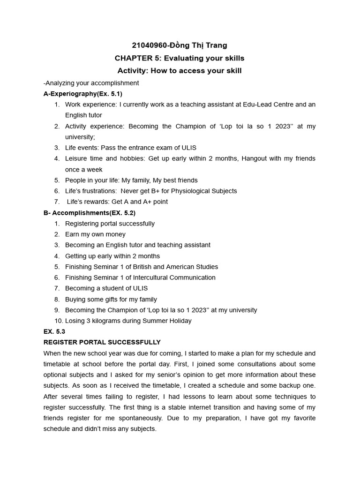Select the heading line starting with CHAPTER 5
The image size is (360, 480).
click(180, 58)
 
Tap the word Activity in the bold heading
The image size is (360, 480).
click(133, 71)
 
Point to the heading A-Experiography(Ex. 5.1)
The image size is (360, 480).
click(83, 94)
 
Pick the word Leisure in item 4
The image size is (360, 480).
click(76, 158)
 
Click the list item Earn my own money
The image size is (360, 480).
click(95, 234)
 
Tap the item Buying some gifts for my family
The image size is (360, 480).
click(111, 299)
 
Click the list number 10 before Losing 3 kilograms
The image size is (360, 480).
click(58, 321)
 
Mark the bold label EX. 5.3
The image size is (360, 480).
click(54, 332)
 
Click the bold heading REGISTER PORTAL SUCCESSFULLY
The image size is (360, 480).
click(102, 343)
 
